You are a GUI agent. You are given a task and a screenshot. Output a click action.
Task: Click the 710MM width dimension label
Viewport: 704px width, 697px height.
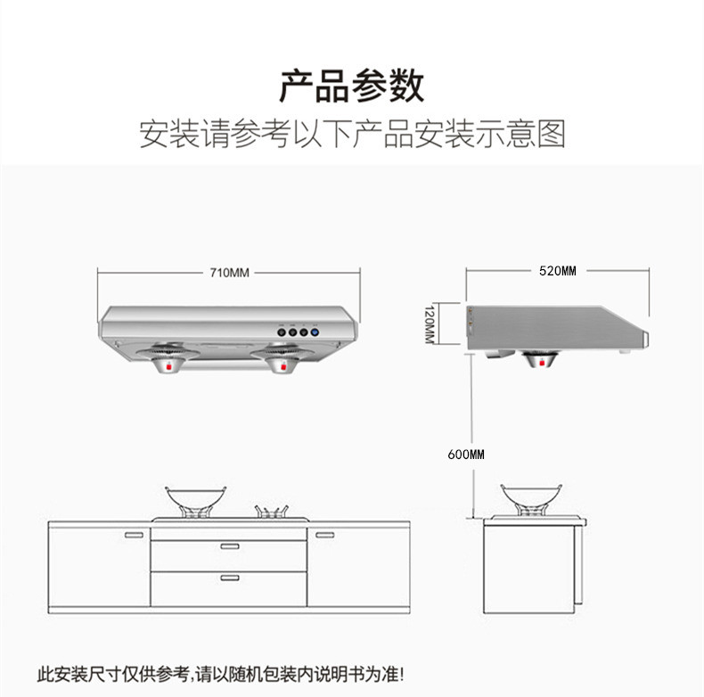click(x=229, y=273)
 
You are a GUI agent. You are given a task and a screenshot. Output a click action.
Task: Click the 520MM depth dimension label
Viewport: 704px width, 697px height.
click(x=558, y=271)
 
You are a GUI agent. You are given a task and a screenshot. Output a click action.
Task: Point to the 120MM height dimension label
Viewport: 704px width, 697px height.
click(x=430, y=324)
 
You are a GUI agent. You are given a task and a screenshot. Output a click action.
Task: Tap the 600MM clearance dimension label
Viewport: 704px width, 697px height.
click(x=466, y=455)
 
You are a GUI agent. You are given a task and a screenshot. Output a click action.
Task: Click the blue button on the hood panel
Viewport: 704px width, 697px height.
click(x=315, y=332)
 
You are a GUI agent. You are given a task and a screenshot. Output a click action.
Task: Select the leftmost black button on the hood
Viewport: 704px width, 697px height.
click(x=282, y=332)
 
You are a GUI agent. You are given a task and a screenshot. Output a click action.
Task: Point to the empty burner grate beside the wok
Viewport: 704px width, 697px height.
click(x=271, y=512)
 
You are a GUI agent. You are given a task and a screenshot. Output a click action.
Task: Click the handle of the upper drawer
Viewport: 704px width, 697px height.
click(x=230, y=546)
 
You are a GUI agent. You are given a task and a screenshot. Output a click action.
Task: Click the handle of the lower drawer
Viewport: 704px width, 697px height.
click(x=230, y=578)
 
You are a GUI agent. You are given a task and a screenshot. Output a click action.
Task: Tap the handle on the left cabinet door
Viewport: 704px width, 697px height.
click(x=134, y=535)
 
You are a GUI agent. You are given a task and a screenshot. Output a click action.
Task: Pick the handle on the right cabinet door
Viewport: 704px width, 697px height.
click(x=324, y=535)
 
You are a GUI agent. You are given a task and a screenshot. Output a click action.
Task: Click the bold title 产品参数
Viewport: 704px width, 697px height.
click(x=351, y=86)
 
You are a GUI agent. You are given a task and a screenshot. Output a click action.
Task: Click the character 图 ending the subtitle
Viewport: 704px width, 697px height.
click(x=551, y=134)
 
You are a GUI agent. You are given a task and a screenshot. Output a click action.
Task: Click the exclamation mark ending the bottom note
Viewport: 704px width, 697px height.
click(x=401, y=674)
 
